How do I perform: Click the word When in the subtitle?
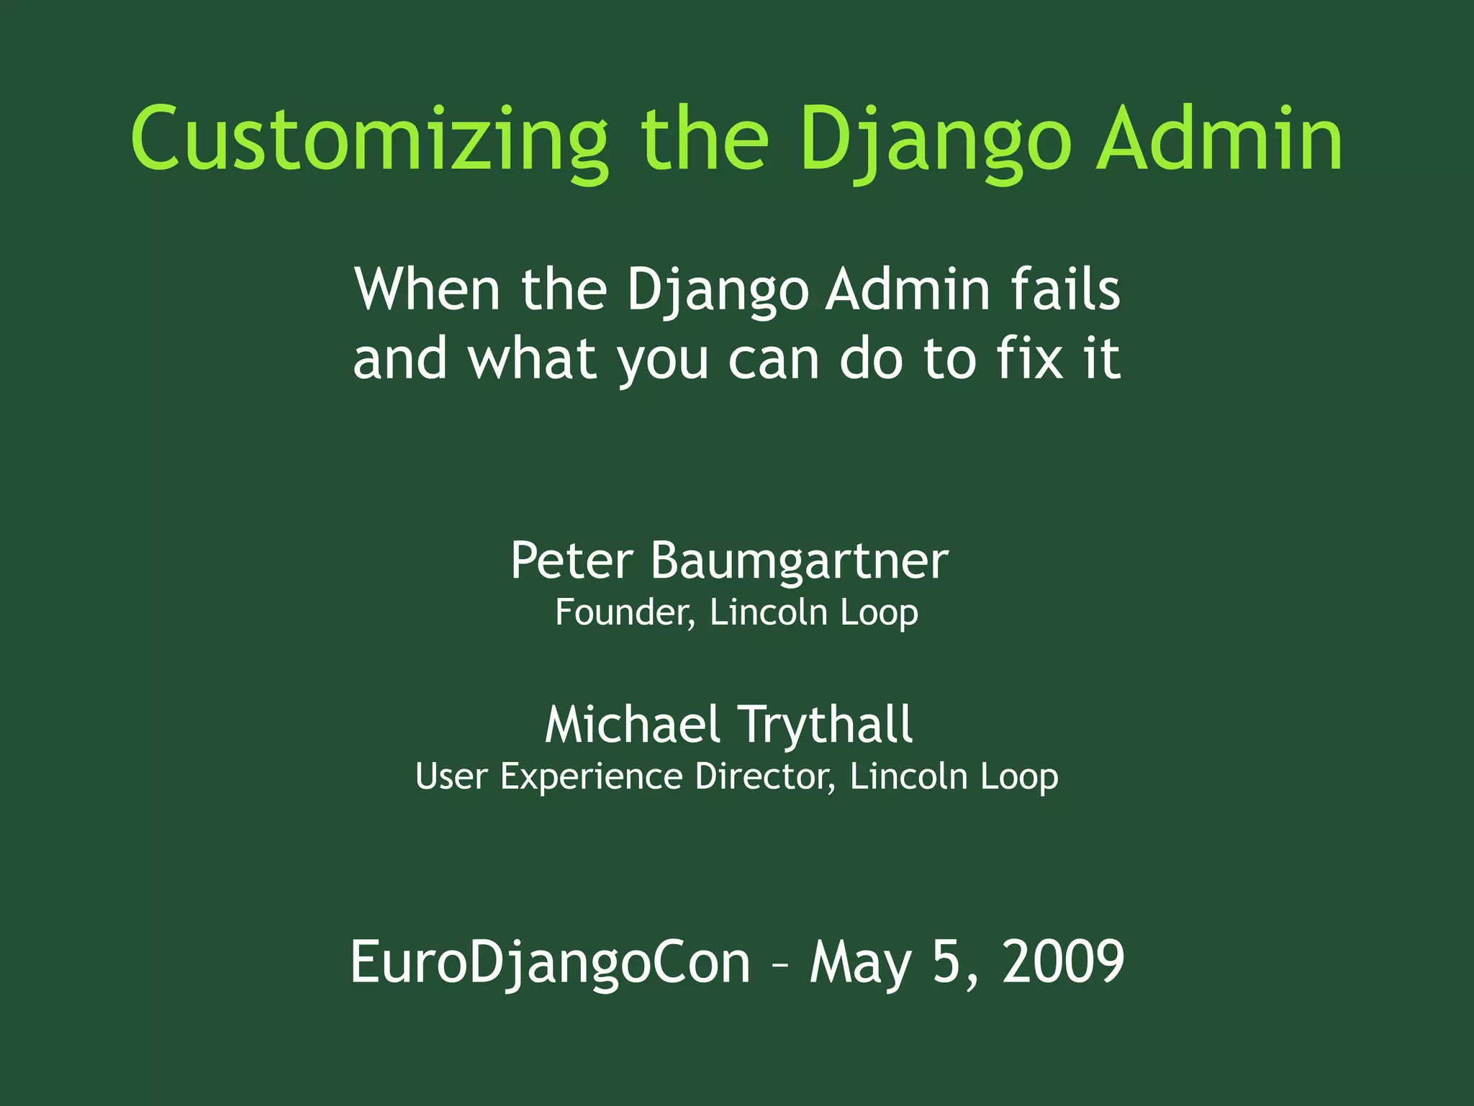click(x=427, y=289)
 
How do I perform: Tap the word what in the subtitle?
click(x=532, y=359)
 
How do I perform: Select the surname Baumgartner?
click(x=800, y=561)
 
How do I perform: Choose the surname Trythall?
click(x=826, y=725)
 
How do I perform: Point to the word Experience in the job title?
click(x=591, y=777)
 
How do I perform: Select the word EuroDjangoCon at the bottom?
click(x=550, y=962)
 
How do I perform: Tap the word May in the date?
click(x=861, y=964)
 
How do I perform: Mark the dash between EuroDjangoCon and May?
click(x=780, y=964)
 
